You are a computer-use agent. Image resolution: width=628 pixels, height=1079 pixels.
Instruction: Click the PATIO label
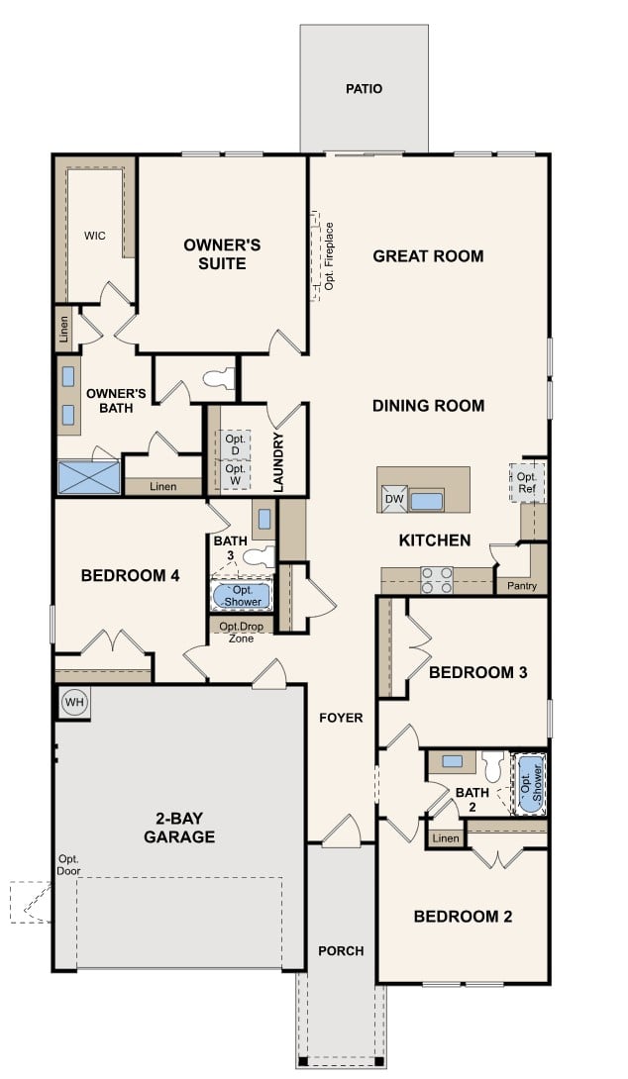(364, 89)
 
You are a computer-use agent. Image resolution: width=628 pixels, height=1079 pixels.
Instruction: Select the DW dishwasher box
(394, 500)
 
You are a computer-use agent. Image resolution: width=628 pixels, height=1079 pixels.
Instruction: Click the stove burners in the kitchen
(437, 579)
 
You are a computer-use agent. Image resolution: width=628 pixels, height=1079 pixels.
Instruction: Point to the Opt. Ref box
(527, 482)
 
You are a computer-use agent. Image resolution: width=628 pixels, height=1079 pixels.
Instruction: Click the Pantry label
(522, 586)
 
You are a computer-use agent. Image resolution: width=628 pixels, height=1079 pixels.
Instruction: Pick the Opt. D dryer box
(235, 444)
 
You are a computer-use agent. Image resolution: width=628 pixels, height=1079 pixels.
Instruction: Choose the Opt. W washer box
(235, 475)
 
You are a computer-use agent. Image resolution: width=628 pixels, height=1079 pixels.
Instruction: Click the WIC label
(95, 236)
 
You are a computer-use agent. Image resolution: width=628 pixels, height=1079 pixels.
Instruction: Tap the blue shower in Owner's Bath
(87, 477)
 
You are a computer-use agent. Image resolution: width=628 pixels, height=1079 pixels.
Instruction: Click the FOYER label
(341, 718)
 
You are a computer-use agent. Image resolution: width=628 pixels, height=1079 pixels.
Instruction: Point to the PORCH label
(341, 950)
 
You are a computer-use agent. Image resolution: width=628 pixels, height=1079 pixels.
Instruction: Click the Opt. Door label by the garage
(68, 864)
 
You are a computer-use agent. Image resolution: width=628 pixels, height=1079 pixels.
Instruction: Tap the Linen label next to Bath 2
(446, 839)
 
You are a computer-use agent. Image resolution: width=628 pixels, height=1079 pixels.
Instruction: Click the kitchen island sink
(427, 500)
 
